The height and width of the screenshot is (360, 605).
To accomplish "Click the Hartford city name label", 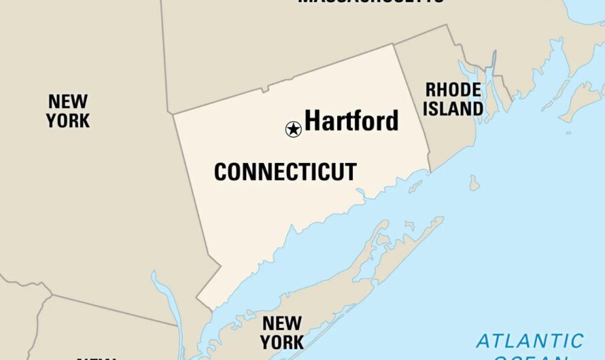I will pos(351,121).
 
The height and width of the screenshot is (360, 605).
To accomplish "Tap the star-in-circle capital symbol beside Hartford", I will pos(293,129).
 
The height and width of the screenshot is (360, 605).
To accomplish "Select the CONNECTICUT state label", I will pos(285,172).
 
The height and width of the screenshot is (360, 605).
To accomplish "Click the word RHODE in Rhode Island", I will pos(453,90).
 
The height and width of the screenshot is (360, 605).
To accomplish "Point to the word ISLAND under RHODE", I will pos(454,108).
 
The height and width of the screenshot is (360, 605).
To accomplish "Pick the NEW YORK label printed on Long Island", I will pos(282,332).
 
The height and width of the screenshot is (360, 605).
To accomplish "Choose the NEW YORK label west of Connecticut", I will pos(67,111).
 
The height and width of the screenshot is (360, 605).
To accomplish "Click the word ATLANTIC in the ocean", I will pos(530,340).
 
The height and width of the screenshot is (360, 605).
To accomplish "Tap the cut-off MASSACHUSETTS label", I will pos(370,2).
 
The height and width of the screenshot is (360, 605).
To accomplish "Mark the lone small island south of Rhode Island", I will pos(474,183).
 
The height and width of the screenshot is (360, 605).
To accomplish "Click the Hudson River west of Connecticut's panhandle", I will pos(166,306).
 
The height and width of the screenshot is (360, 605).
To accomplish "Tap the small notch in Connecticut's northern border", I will pos(267,88).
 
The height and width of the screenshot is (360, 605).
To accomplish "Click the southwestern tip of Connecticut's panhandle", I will pos(198,298).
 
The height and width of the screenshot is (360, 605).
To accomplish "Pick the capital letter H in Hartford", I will pos(313,121).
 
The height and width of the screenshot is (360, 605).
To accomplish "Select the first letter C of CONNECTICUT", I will pos(220,172).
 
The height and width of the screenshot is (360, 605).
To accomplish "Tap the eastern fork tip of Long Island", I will pos(442,219).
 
